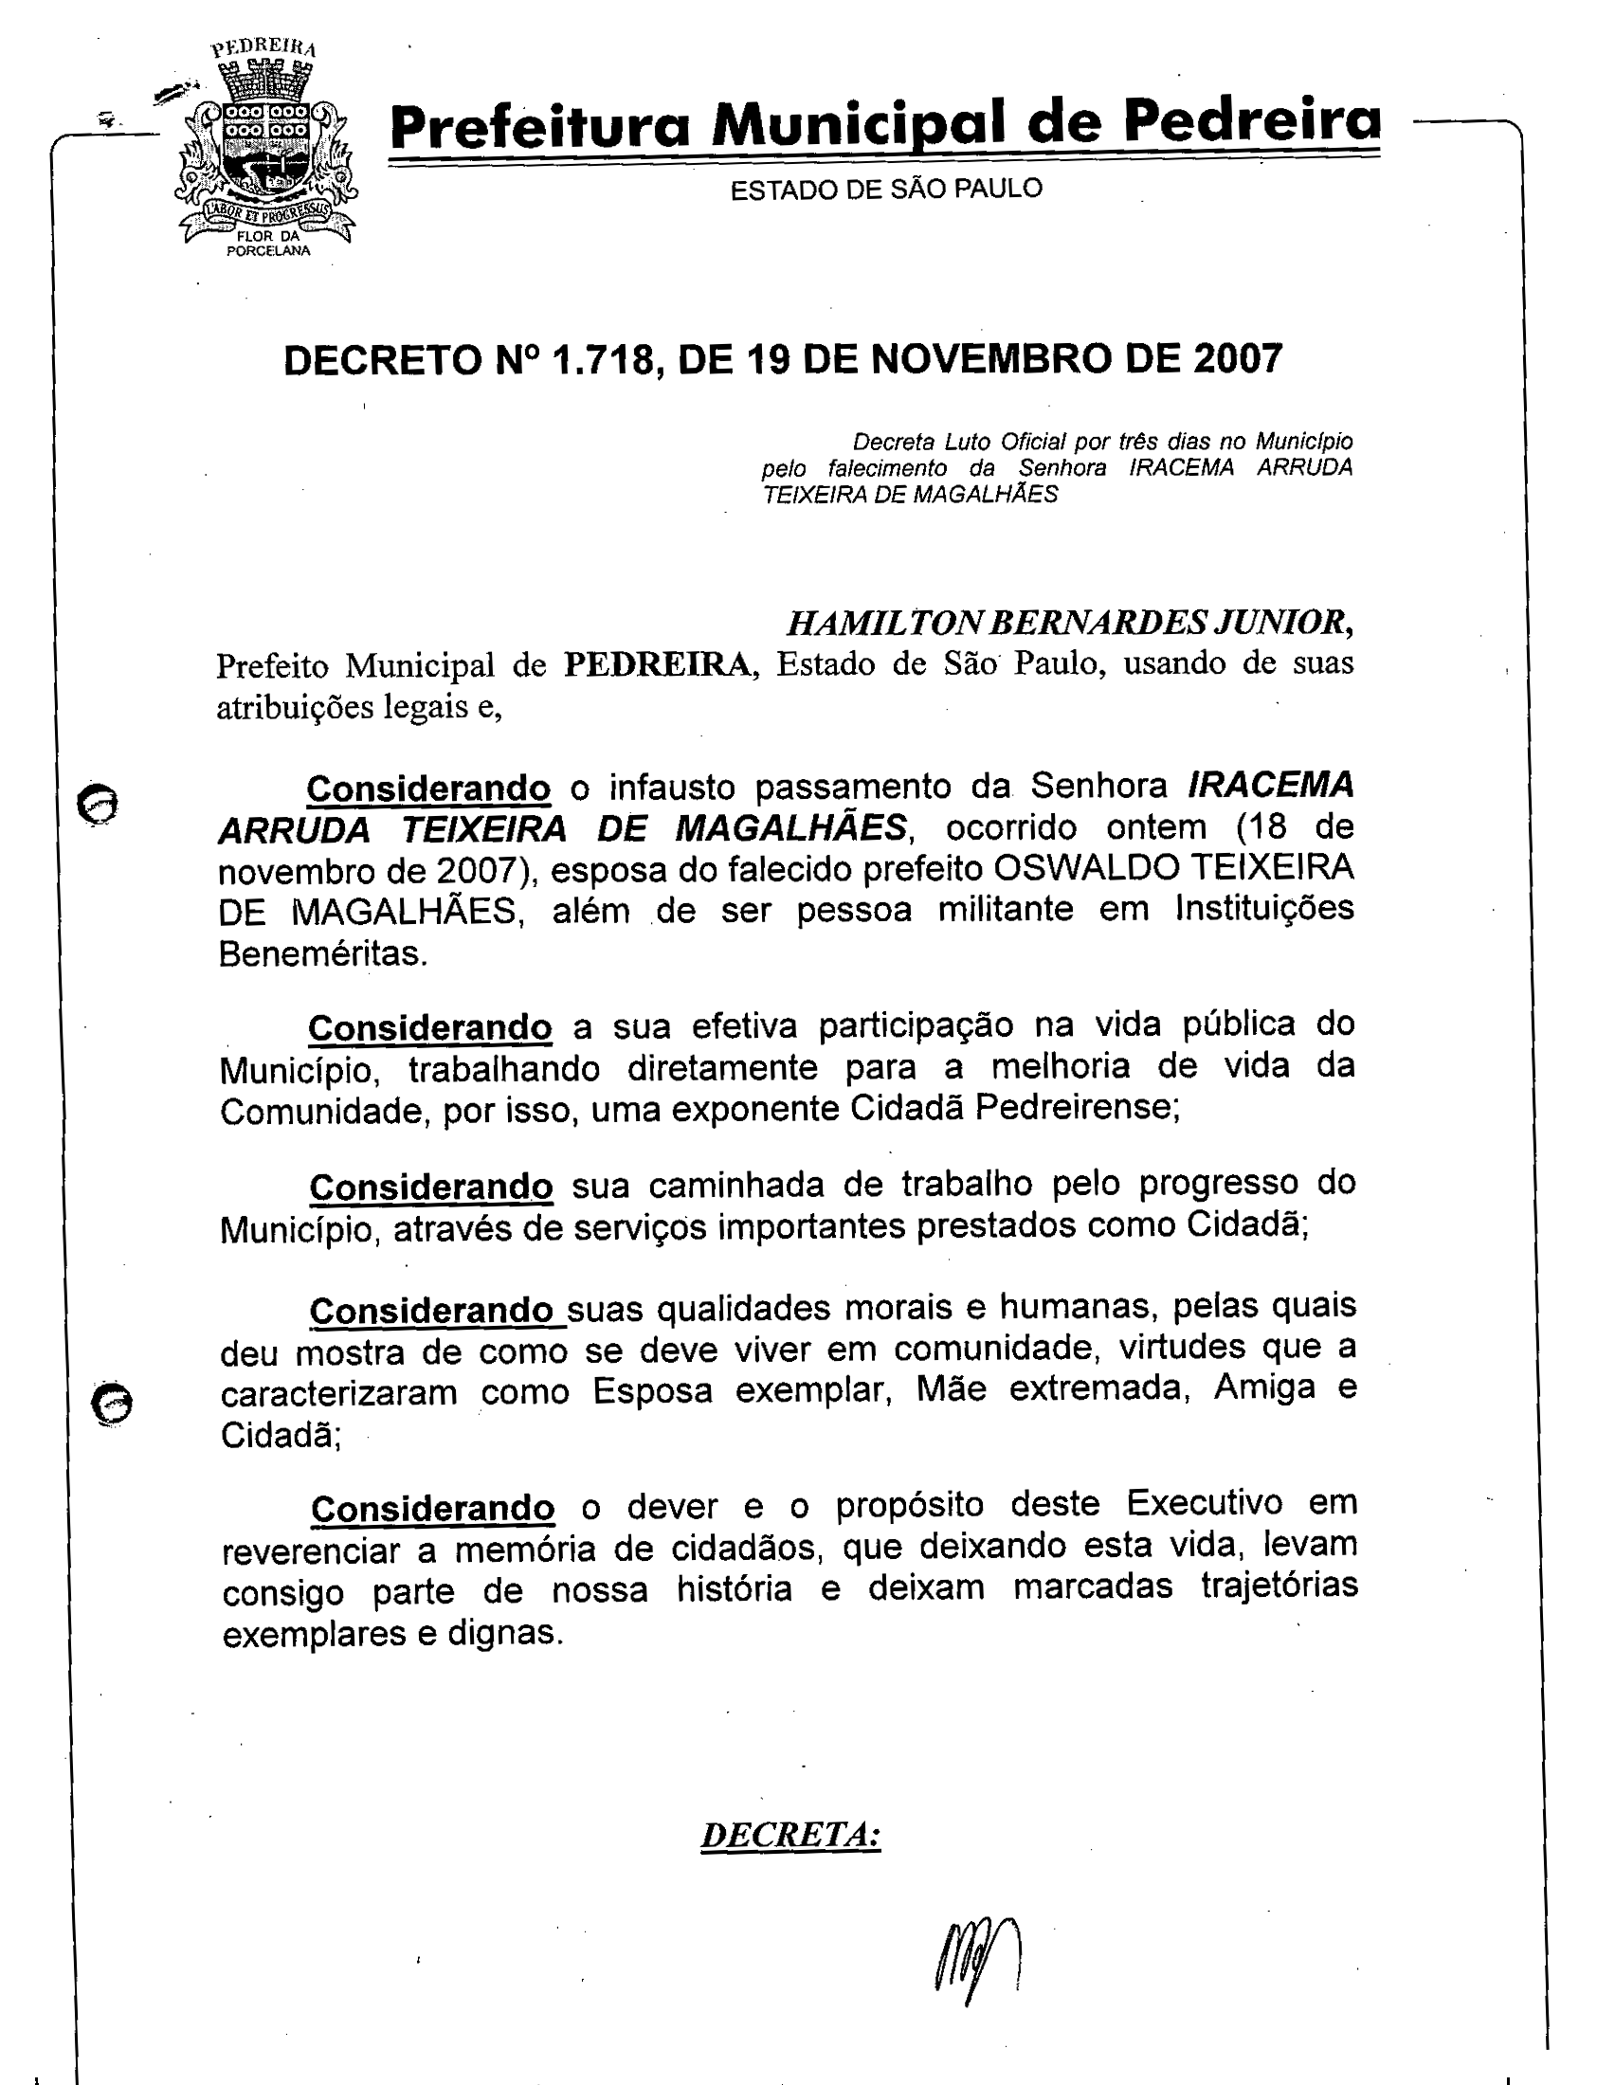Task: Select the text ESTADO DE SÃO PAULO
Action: coord(886,189)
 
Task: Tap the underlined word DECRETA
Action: coord(789,1834)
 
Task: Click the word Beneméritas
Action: coord(321,953)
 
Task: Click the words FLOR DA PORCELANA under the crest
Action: coord(268,244)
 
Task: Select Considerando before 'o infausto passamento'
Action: coord(428,789)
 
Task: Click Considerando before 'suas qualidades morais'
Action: coord(431,1311)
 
